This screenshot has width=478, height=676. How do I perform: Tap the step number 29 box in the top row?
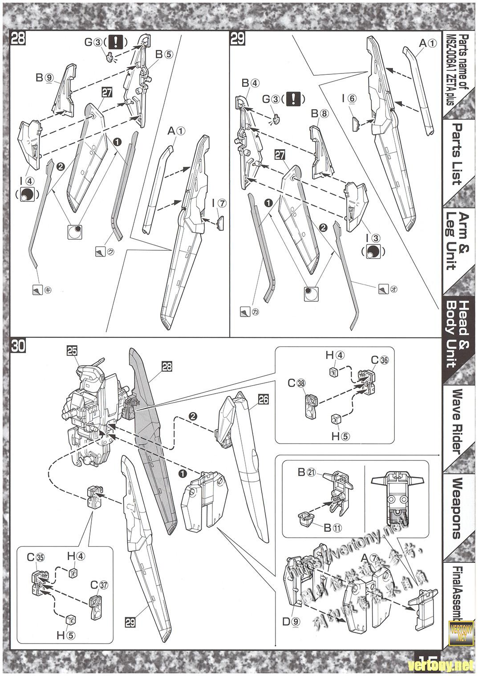[238, 39]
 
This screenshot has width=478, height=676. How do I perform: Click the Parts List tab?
[458, 154]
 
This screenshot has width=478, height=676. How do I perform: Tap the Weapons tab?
[458, 508]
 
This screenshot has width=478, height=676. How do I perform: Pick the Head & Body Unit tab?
[458, 334]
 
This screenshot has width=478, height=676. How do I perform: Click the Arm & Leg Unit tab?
[458, 241]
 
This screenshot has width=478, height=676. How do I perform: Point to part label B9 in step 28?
[45, 77]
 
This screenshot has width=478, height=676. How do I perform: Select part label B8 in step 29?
[319, 114]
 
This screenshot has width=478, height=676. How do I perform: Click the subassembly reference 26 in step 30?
[264, 399]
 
